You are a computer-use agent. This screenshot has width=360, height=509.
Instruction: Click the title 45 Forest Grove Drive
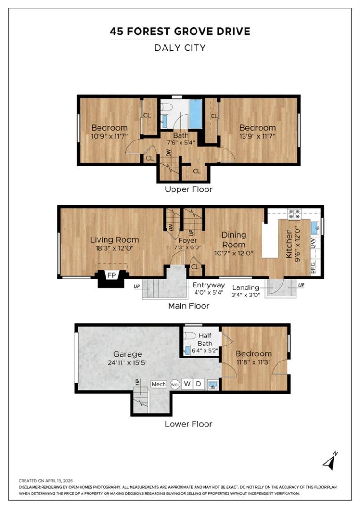[180, 32]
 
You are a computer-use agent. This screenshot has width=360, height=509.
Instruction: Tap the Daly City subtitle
[180, 48]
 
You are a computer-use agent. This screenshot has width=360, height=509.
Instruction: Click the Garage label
[127, 354]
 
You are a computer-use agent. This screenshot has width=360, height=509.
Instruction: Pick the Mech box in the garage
[158, 384]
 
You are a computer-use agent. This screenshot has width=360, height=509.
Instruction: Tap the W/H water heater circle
[175, 384]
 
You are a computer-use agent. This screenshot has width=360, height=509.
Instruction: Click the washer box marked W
[187, 384]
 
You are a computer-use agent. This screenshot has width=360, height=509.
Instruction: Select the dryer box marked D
[198, 384]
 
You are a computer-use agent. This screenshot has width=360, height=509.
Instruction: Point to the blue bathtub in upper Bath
[196, 114]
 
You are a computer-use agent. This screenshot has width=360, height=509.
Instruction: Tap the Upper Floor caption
[188, 189]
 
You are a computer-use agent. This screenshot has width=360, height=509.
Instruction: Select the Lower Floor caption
[188, 424]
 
